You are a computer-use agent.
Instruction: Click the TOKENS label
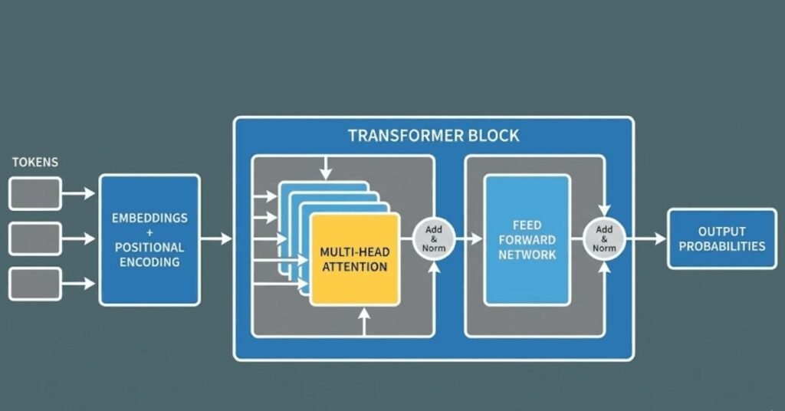point(35,163)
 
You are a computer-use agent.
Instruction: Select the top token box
point(34,193)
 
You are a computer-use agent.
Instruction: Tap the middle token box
point(34,238)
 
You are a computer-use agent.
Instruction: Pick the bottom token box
point(34,284)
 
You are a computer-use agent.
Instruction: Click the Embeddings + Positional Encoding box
point(149,239)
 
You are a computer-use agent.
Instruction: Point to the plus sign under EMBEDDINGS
point(149,233)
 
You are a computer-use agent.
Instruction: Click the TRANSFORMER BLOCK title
point(433,136)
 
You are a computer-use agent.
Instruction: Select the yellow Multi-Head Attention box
point(354,259)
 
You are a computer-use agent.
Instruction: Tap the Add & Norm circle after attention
point(435,238)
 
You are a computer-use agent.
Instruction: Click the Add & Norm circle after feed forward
point(604,238)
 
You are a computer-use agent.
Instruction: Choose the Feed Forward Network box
point(527,239)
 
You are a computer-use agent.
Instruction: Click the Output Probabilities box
point(721,238)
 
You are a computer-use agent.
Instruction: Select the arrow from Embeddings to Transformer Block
point(216,238)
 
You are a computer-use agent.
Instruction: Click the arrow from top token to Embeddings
point(80,193)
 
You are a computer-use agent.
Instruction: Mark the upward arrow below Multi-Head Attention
point(364,324)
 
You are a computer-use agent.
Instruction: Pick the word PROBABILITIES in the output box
point(721,246)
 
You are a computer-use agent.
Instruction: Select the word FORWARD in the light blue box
point(527,239)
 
